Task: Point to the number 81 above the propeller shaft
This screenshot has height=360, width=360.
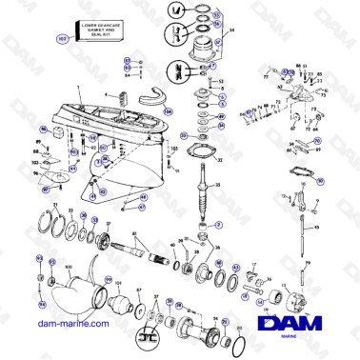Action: pos(134,233)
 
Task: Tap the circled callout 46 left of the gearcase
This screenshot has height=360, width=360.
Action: pos(44,128)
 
